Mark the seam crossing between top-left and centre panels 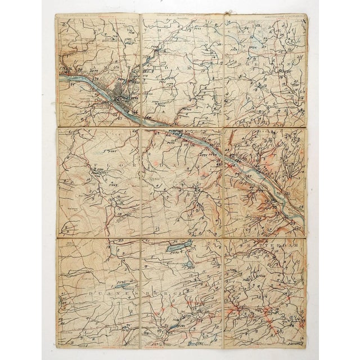click(139, 129)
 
